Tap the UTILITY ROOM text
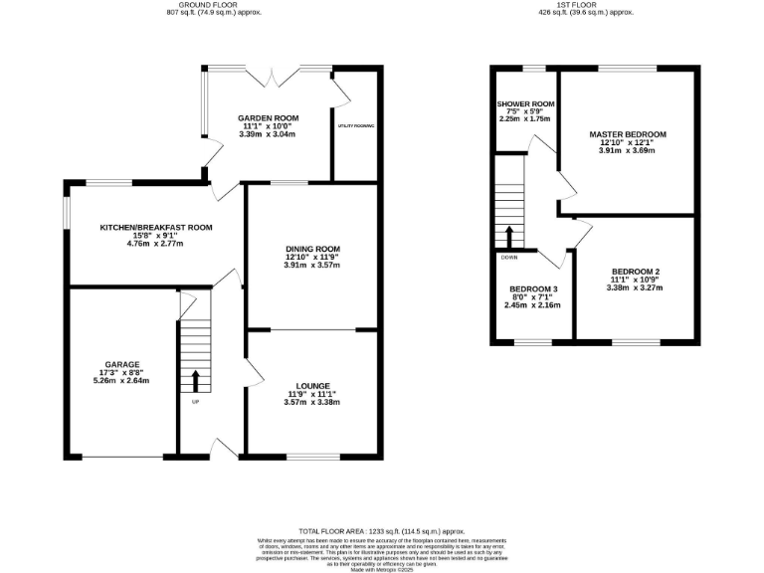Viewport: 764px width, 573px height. (356, 126)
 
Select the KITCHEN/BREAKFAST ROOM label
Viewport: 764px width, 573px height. (156, 228)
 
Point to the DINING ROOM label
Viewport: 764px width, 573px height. (312, 249)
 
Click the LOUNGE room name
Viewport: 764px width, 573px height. (312, 385)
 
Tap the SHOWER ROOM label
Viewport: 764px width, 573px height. (526, 103)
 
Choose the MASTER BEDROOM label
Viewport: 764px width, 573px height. (627, 134)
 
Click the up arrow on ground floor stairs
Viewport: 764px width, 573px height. (194, 380)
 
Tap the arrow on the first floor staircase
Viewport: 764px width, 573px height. (509, 236)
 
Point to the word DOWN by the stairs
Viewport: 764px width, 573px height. (509, 257)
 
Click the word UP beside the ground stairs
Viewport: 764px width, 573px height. (195, 402)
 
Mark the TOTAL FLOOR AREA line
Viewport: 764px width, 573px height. (382, 533)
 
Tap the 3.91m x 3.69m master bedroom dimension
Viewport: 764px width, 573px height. (627, 152)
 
